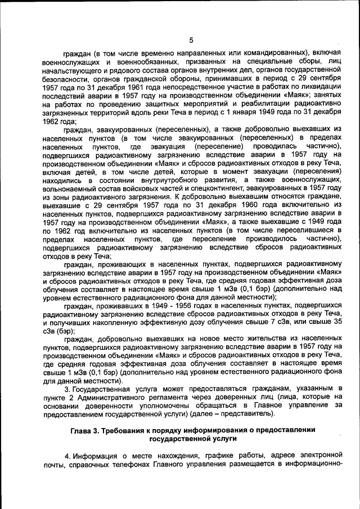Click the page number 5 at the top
point(191,40)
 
